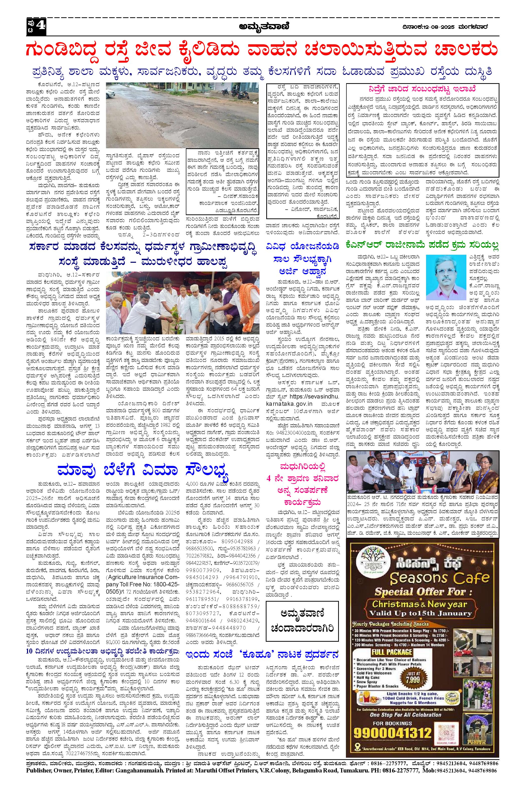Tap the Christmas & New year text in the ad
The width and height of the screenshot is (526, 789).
pos(419,604)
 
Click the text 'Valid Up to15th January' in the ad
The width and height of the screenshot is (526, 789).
pos(419,613)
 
